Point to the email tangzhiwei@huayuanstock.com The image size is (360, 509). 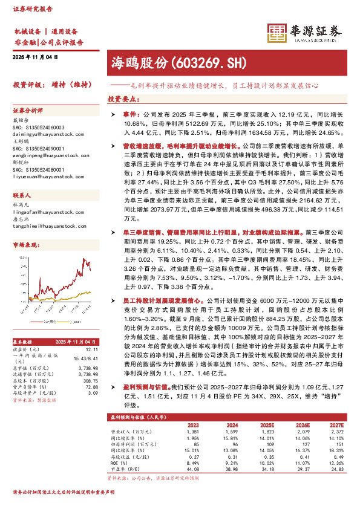[x=48, y=226]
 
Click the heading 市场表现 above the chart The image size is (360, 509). [x=25, y=244]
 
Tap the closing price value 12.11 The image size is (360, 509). [x=92, y=349]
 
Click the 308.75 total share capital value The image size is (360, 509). [x=89, y=381]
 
